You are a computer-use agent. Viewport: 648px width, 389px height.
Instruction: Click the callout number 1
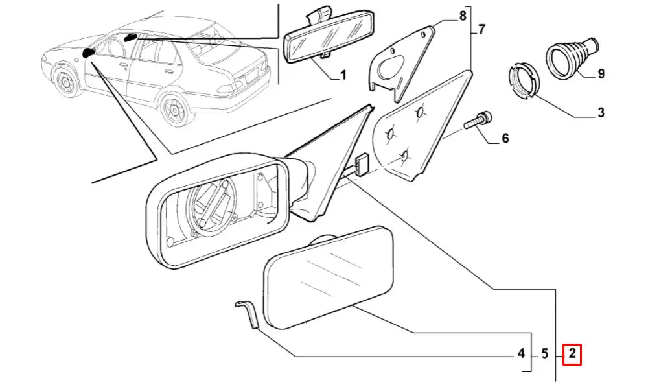pos(343,75)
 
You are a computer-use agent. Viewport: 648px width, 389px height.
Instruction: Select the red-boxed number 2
pos(572,354)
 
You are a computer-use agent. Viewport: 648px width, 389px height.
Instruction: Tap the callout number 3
pos(600,113)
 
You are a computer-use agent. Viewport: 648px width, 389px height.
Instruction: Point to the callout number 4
pos(520,354)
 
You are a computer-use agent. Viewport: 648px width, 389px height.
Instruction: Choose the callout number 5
pos(545,354)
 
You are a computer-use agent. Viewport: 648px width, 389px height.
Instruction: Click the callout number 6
pos(505,137)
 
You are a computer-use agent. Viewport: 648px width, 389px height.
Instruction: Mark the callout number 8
pos(462,15)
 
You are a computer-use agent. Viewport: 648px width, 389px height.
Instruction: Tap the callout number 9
pos(600,73)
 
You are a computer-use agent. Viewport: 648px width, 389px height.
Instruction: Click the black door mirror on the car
pos(88,53)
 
